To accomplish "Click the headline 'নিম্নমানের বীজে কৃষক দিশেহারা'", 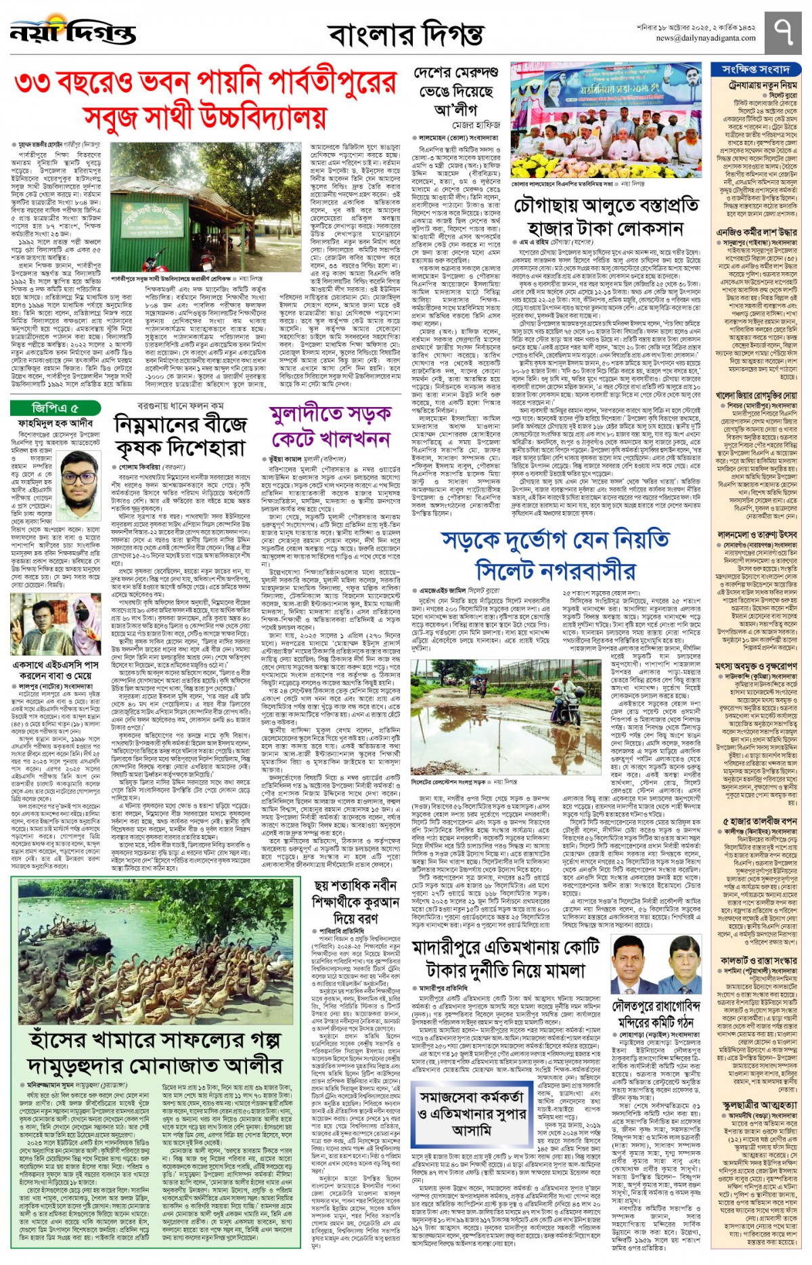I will (179, 437).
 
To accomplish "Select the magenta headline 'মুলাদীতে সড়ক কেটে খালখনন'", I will (331, 427).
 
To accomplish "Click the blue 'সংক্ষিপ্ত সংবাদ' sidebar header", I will (755, 69).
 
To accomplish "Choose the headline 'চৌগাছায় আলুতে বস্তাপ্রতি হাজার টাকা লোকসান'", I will (606, 217).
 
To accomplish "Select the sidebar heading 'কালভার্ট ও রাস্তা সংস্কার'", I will (758, 960).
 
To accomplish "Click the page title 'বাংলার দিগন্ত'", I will (405, 34).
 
